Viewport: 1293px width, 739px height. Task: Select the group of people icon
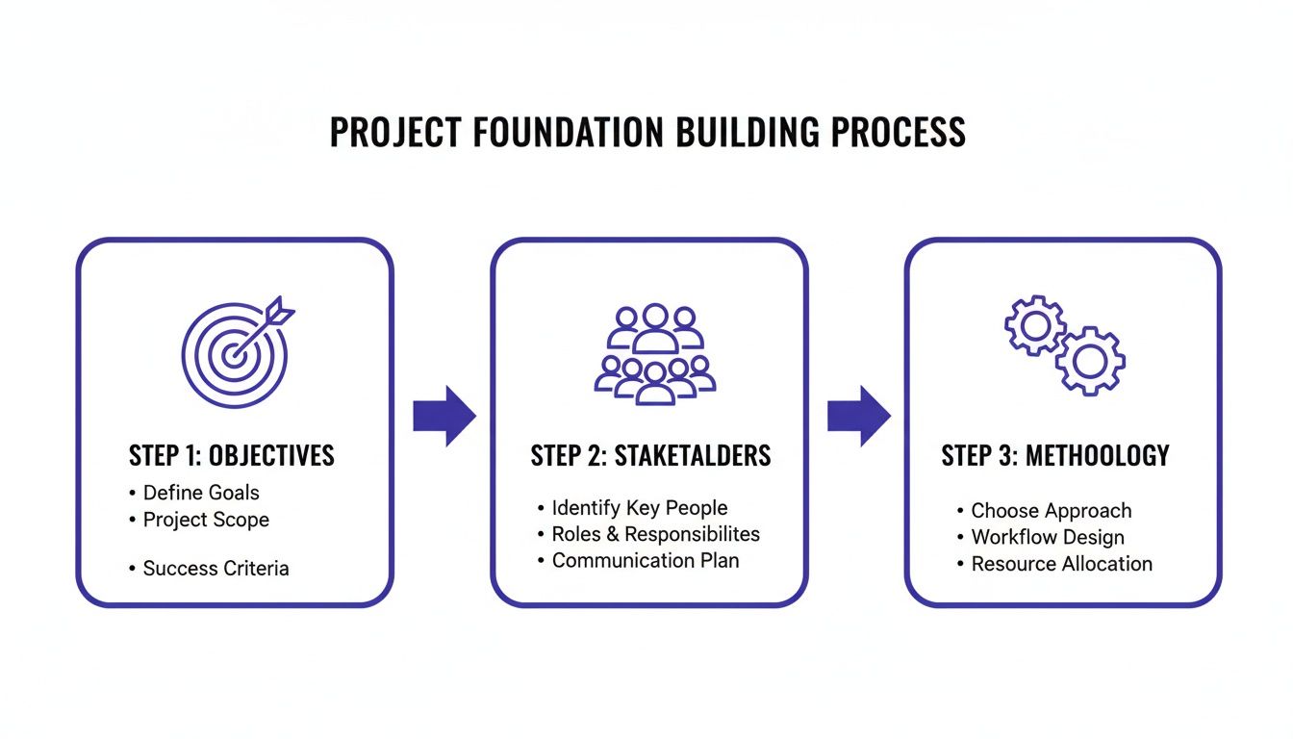pos(654,353)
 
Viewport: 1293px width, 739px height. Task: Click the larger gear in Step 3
pos(1090,361)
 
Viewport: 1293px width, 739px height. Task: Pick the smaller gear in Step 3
pos(1035,326)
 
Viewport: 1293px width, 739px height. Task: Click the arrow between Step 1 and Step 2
pos(444,416)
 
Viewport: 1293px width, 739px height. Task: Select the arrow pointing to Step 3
pos(858,416)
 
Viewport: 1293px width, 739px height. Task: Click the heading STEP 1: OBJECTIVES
pos(232,455)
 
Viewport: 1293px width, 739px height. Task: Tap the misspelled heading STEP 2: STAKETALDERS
pos(650,455)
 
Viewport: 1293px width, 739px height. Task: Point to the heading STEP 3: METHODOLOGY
pos(1055,455)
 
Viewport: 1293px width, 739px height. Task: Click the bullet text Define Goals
pos(201,493)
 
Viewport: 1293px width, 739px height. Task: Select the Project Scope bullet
pos(206,520)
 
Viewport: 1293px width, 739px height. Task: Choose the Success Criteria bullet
pos(215,569)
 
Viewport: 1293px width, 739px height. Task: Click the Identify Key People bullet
pos(639,508)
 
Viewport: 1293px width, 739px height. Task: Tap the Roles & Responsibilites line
pos(655,534)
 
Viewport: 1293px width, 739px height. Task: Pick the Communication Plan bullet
pos(645,560)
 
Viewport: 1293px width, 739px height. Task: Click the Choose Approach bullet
pos(1051,511)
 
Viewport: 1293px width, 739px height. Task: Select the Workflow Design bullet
pos(1047,537)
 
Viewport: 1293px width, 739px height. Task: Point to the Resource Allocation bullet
pos(1061,564)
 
